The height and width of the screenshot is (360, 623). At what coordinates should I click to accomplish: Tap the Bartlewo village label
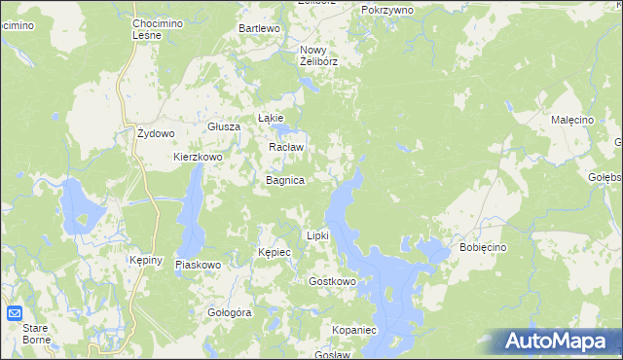(260, 29)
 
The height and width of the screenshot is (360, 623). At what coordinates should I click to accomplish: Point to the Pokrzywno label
(386, 9)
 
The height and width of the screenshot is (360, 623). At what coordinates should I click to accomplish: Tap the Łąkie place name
(270, 118)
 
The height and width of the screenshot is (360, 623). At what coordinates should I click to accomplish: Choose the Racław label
(286, 148)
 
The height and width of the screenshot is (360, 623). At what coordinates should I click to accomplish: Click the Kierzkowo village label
(199, 157)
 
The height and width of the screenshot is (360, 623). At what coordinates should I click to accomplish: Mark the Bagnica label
(286, 181)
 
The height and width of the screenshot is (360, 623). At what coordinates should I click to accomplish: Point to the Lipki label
(318, 235)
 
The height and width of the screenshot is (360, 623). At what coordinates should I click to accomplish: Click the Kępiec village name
(275, 252)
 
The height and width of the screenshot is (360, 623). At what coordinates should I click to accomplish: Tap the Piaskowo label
(199, 265)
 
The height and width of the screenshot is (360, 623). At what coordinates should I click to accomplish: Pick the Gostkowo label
(332, 282)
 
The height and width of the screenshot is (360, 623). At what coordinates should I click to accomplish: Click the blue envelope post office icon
(15, 313)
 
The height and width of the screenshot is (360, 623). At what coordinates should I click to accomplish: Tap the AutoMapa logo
(558, 342)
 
